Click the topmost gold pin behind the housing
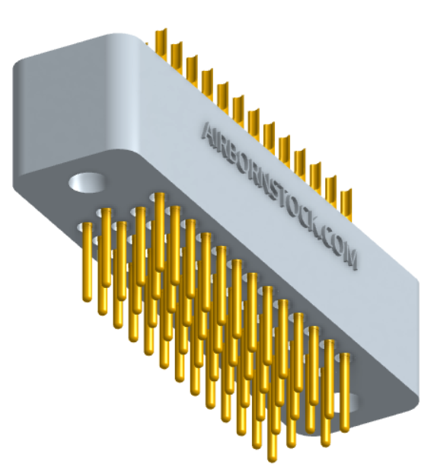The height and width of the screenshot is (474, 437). pos(160,42)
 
